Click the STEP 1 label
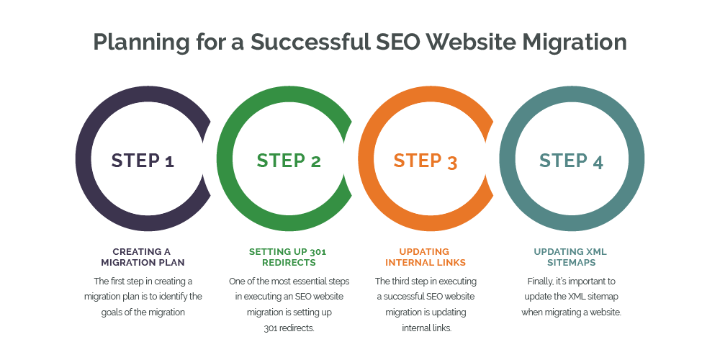point(143,160)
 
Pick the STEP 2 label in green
point(289,160)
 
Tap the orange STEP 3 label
point(426,161)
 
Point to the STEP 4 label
point(571,161)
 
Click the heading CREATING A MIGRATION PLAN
point(142,257)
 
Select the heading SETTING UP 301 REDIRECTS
point(288,257)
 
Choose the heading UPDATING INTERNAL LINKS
point(427,257)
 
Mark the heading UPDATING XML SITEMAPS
point(570,257)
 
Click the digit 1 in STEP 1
point(169,161)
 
